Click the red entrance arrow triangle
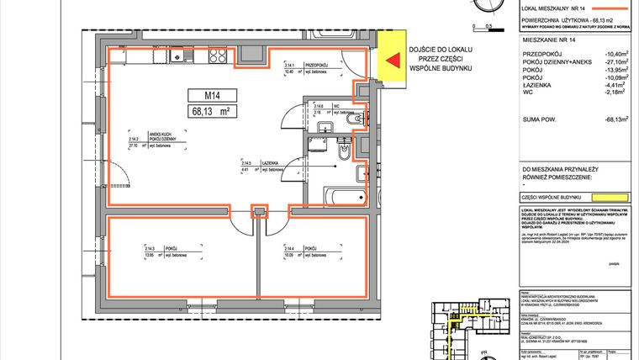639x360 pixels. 391,59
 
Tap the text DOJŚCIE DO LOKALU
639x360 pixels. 441,50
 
